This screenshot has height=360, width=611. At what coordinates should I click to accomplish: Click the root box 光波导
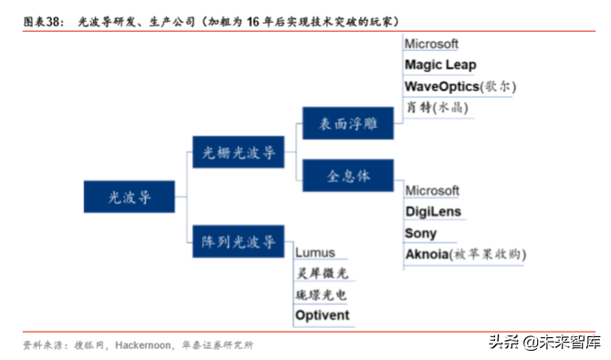pyautogui.click(x=129, y=196)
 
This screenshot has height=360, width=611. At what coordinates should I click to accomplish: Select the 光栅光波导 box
pyautogui.click(x=237, y=152)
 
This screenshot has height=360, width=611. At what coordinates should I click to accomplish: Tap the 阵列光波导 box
pyautogui.click(x=237, y=241)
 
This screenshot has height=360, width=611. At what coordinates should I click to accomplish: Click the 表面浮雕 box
pyautogui.click(x=347, y=122)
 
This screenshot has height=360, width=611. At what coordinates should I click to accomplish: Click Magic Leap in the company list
pyautogui.click(x=440, y=65)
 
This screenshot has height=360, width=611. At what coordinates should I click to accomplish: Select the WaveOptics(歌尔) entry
pyautogui.click(x=460, y=86)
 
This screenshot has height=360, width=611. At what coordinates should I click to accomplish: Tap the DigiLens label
pyautogui.click(x=433, y=212)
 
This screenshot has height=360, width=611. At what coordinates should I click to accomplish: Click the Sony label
pyautogui.click(x=421, y=233)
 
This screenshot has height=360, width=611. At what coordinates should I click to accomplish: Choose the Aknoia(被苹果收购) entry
pyautogui.click(x=465, y=254)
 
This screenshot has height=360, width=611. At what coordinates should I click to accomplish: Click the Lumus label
pyautogui.click(x=315, y=252)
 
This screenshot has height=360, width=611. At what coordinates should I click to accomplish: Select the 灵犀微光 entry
pyautogui.click(x=321, y=273)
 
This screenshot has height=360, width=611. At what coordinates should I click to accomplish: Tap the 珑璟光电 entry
pyautogui.click(x=321, y=294)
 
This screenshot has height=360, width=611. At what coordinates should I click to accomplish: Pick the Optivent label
pyautogui.click(x=322, y=315)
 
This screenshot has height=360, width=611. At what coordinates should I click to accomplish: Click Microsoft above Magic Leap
pyautogui.click(x=432, y=44)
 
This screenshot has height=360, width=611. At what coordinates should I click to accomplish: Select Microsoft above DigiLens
pyautogui.click(x=432, y=191)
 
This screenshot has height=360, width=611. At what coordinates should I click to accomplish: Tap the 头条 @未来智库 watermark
pyautogui.click(x=544, y=343)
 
